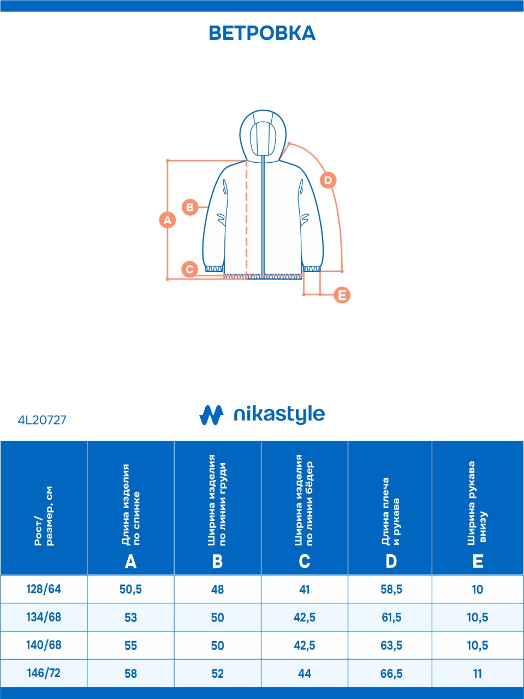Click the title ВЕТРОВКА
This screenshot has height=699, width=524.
pyautogui.click(x=262, y=33)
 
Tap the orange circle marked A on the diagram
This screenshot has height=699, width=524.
pyautogui.click(x=168, y=220)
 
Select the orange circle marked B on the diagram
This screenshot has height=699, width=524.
pyautogui.click(x=190, y=208)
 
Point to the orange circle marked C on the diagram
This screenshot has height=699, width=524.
pyautogui.click(x=189, y=269)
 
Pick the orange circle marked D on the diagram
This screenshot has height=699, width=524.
pyautogui.click(x=328, y=180)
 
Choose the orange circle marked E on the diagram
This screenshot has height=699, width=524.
pyautogui.click(x=342, y=295)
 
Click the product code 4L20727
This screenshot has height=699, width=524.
pyautogui.click(x=42, y=420)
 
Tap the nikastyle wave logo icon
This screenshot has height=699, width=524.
pyautogui.click(x=211, y=415)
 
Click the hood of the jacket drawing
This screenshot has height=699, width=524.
pyautogui.click(x=263, y=135)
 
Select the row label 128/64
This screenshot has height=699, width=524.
pyautogui.click(x=44, y=589)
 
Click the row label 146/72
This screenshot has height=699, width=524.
pyautogui.click(x=44, y=673)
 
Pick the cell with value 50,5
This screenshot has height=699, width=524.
pyautogui.click(x=131, y=590)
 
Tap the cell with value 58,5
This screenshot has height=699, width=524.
pyautogui.click(x=391, y=590)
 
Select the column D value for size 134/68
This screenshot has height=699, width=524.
pyautogui.click(x=391, y=618)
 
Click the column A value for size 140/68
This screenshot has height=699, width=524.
pyautogui.click(x=131, y=645)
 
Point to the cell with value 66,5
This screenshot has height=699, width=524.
pyautogui.click(x=391, y=673)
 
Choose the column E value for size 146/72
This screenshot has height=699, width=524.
pyautogui.click(x=478, y=673)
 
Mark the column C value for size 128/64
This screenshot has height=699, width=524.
pyautogui.click(x=305, y=589)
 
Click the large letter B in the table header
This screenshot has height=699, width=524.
pyautogui.click(x=217, y=561)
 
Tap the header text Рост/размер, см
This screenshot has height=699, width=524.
pyautogui.click(x=44, y=516)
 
